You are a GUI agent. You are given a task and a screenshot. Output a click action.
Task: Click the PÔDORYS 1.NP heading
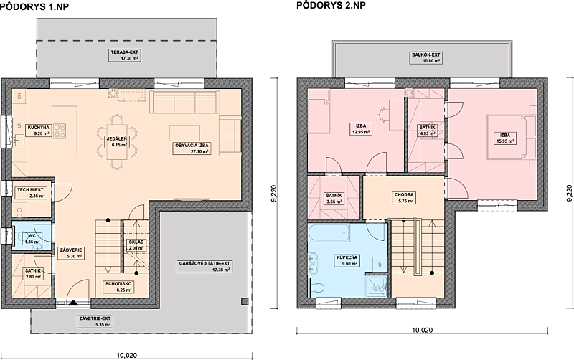(34, 6)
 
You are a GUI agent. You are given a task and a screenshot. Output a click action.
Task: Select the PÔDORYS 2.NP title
(331, 5)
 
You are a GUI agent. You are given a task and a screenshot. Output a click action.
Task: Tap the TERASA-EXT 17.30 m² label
(125, 55)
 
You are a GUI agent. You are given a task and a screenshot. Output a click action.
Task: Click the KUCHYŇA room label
(38, 131)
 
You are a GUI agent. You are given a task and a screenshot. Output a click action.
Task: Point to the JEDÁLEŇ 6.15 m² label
(117, 142)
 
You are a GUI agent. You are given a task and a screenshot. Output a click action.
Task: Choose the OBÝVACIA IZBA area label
(192, 148)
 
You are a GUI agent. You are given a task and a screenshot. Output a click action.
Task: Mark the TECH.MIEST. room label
(31, 193)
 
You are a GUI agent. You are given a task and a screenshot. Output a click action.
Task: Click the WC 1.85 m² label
(32, 239)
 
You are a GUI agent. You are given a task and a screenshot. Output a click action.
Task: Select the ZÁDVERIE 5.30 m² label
(70, 253)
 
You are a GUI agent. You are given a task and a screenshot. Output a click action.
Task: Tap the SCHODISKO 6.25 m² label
(118, 287)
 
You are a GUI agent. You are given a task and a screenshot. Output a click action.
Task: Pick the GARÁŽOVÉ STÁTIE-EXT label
(204, 267)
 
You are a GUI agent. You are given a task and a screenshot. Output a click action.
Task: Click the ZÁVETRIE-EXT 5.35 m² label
(95, 321)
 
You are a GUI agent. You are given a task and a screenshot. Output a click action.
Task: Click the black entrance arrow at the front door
(74, 303)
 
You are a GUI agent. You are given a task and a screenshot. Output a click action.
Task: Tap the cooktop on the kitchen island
(60, 131)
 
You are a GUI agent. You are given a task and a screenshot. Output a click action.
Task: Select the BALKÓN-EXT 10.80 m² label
(425, 58)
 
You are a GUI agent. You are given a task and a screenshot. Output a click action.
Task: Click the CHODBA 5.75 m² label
(404, 198)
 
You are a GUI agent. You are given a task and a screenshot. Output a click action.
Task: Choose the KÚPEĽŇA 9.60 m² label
(347, 260)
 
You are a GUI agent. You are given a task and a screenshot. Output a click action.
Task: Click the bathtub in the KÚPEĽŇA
(329, 232)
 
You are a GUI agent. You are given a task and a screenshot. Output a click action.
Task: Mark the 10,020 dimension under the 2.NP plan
(423, 331)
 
